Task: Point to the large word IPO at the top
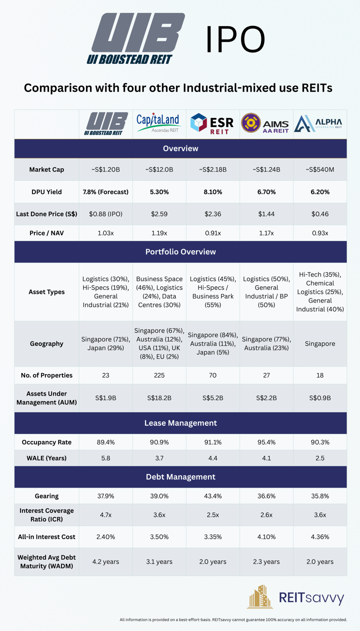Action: (x=235, y=41)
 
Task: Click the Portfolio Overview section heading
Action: (x=180, y=252)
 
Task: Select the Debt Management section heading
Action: (x=180, y=476)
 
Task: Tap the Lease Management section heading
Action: (x=180, y=423)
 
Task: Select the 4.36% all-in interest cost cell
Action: (x=319, y=536)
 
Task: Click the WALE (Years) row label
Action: (x=46, y=458)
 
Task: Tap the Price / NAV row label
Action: (x=46, y=233)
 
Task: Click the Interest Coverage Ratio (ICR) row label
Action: (x=46, y=514)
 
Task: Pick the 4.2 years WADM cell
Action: (x=105, y=561)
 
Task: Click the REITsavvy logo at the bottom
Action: (x=296, y=597)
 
